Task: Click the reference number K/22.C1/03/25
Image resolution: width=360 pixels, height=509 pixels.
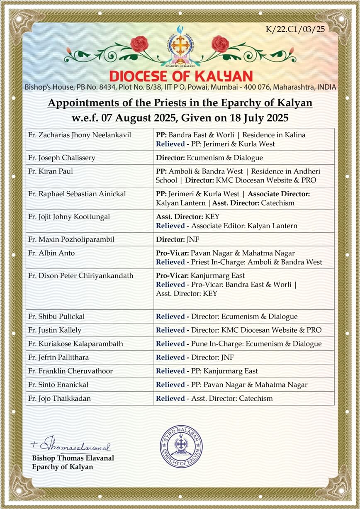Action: [295, 29]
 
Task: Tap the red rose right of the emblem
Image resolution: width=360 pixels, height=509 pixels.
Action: [220, 44]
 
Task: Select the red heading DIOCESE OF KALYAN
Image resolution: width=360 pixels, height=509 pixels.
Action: [180, 76]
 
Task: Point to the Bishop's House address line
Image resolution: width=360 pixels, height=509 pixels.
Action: [180, 88]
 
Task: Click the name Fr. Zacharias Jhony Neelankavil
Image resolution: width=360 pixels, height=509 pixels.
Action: [80, 135]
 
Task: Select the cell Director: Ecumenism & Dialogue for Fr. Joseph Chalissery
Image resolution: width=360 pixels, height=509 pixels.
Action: [209, 158]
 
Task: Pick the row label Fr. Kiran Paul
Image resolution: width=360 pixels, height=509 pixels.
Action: [46, 171]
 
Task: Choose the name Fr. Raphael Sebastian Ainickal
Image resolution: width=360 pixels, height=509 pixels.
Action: [77, 194]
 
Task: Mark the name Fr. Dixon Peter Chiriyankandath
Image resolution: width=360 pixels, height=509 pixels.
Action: [80, 275]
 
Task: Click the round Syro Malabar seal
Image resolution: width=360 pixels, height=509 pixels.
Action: [180, 446]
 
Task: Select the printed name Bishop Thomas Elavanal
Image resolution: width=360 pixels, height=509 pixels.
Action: [73, 458]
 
